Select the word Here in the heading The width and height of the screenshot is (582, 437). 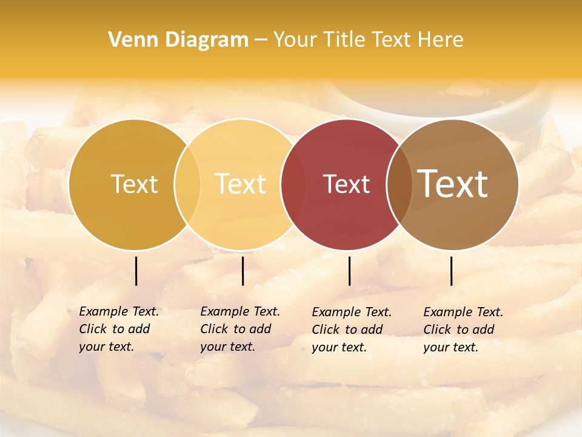pyautogui.click(x=443, y=40)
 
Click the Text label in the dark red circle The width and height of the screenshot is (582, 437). pyautogui.click(x=346, y=185)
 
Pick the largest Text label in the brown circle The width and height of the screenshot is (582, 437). pyautogui.click(x=453, y=183)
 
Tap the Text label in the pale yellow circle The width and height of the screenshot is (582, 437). pyautogui.click(x=241, y=184)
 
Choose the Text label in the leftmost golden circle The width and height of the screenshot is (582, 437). pyautogui.click(x=134, y=185)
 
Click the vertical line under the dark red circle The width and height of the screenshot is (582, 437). pyautogui.click(x=349, y=271)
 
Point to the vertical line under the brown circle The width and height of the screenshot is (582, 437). pyautogui.click(x=451, y=271)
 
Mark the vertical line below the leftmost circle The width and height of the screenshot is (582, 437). pyautogui.click(x=136, y=271)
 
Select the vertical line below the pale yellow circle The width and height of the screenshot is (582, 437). pyautogui.click(x=242, y=271)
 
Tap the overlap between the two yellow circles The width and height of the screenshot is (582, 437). pyautogui.click(x=187, y=185)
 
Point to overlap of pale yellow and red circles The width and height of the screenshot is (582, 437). pyautogui.click(x=293, y=185)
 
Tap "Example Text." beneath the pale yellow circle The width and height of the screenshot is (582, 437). pyautogui.click(x=240, y=311)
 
